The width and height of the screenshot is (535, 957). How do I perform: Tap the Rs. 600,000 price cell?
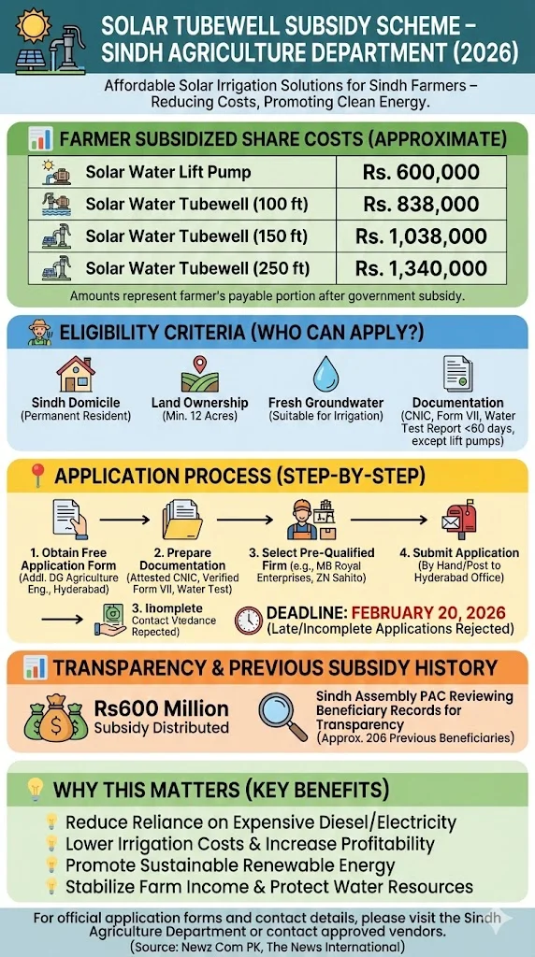(421, 172)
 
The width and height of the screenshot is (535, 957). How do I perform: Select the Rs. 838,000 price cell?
(421, 204)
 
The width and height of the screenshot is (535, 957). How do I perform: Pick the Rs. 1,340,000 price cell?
(421, 268)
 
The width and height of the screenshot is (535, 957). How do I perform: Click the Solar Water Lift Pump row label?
(167, 172)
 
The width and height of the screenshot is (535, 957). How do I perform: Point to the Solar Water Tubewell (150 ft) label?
(196, 236)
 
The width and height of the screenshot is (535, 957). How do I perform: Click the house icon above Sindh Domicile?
(76, 373)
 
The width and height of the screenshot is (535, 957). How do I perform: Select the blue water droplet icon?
(325, 372)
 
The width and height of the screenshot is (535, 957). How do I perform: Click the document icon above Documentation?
(457, 374)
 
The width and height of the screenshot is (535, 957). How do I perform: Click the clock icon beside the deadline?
(248, 620)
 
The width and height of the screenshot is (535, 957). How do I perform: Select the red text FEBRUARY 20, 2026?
(427, 613)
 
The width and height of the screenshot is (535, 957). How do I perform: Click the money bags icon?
(55, 715)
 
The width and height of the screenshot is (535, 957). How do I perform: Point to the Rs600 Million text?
(162, 707)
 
